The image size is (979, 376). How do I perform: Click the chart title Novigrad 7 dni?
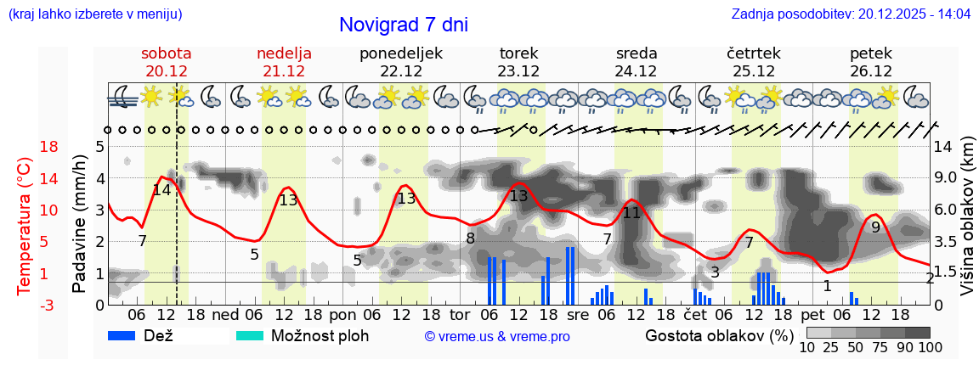403,25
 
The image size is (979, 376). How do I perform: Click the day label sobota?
166,53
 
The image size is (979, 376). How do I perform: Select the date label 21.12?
284,71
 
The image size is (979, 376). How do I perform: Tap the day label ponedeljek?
401,53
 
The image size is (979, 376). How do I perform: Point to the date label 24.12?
637,71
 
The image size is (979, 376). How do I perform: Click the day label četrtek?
754,53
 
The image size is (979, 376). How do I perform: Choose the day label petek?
871,53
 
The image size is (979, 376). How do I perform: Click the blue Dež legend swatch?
127,336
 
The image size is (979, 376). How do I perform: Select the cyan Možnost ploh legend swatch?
250,336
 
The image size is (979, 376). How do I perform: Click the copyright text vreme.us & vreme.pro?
497,337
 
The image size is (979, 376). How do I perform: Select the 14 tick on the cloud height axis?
943,147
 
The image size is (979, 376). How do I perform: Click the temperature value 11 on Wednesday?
631,213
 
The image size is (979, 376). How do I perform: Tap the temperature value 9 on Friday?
875,227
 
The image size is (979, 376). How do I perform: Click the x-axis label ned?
225,315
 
